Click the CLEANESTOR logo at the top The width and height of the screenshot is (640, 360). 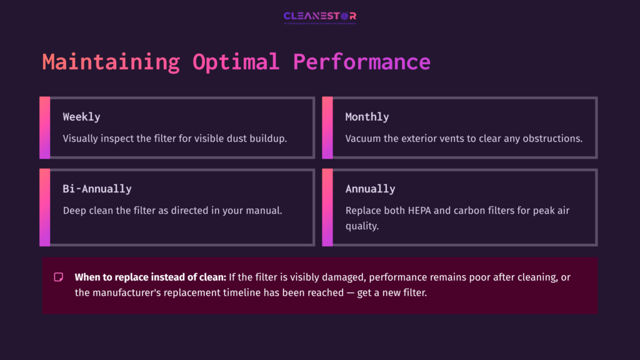tap(319, 17)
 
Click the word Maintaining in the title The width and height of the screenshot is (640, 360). tap(111, 62)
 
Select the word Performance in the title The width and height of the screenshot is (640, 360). tap(362, 62)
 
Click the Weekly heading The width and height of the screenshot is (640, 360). tap(81, 117)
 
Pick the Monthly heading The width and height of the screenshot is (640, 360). tap(367, 117)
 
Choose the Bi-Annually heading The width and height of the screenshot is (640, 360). tap(97, 189)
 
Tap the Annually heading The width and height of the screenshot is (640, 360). tap(370, 189)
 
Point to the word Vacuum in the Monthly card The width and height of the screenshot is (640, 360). tap(362, 138)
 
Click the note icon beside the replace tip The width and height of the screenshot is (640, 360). tap(59, 277)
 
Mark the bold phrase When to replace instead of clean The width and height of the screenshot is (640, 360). tap(150, 277)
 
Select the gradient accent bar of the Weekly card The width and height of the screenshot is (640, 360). tap(44, 127)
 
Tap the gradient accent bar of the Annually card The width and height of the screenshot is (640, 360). tap(327, 207)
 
